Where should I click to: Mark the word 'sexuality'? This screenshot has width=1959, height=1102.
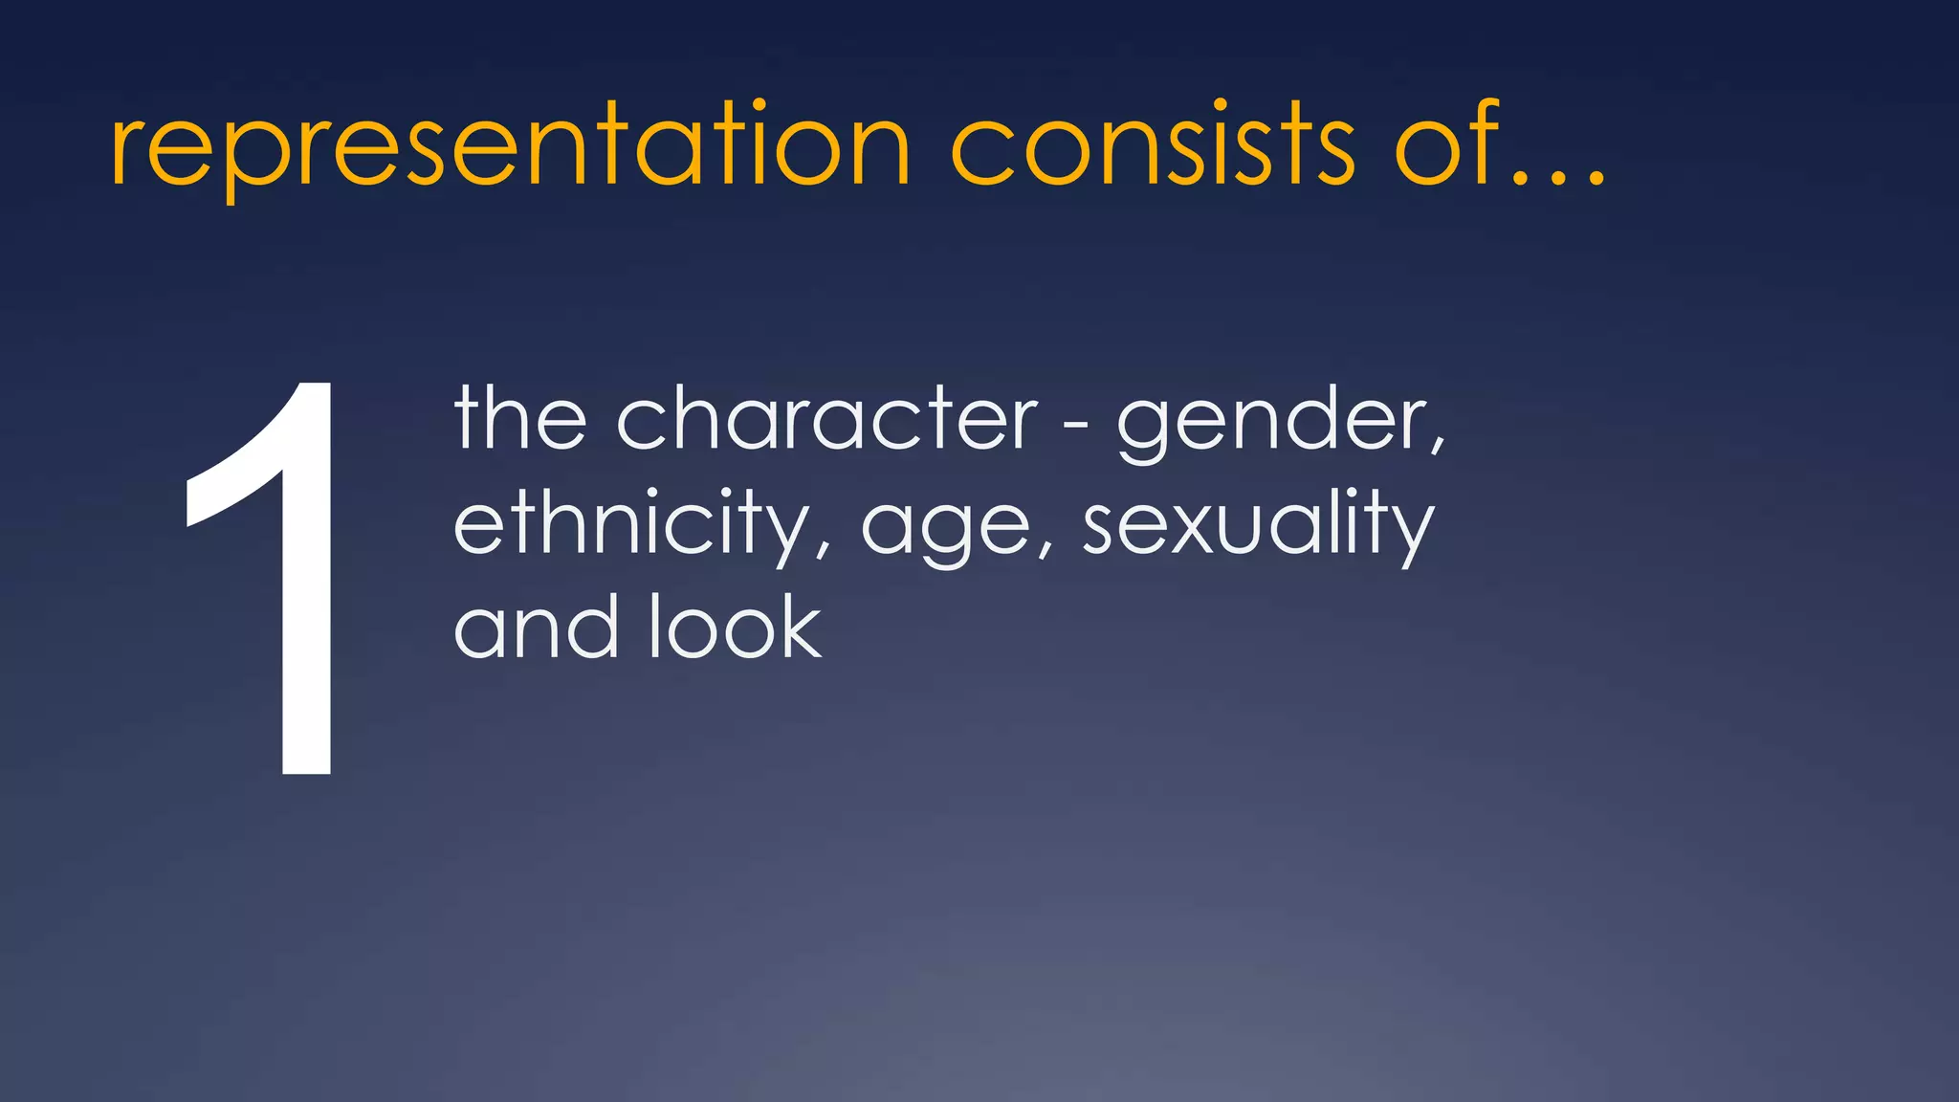point(1257,526)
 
